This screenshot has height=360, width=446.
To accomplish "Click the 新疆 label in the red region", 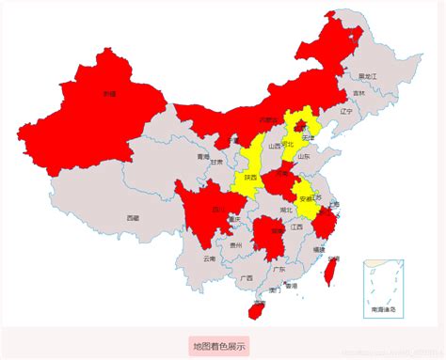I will click(109, 94).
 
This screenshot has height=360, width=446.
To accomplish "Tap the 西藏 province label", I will click(133, 217).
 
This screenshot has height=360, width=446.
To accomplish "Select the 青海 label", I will click(202, 157).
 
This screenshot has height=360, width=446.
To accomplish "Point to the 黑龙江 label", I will click(367, 75).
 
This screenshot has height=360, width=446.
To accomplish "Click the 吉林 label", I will click(358, 93).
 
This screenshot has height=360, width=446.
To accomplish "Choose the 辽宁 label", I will click(345, 111).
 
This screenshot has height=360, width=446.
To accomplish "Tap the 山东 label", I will click(304, 157).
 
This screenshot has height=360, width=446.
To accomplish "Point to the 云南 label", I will click(209, 258).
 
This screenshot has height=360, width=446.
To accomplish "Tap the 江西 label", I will click(296, 227).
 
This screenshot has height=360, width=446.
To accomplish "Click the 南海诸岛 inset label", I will click(382, 308).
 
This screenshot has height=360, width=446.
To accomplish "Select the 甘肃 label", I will click(216, 163).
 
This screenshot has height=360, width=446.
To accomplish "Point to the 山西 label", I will click(274, 146).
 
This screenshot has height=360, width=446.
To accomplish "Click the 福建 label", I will click(319, 249).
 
